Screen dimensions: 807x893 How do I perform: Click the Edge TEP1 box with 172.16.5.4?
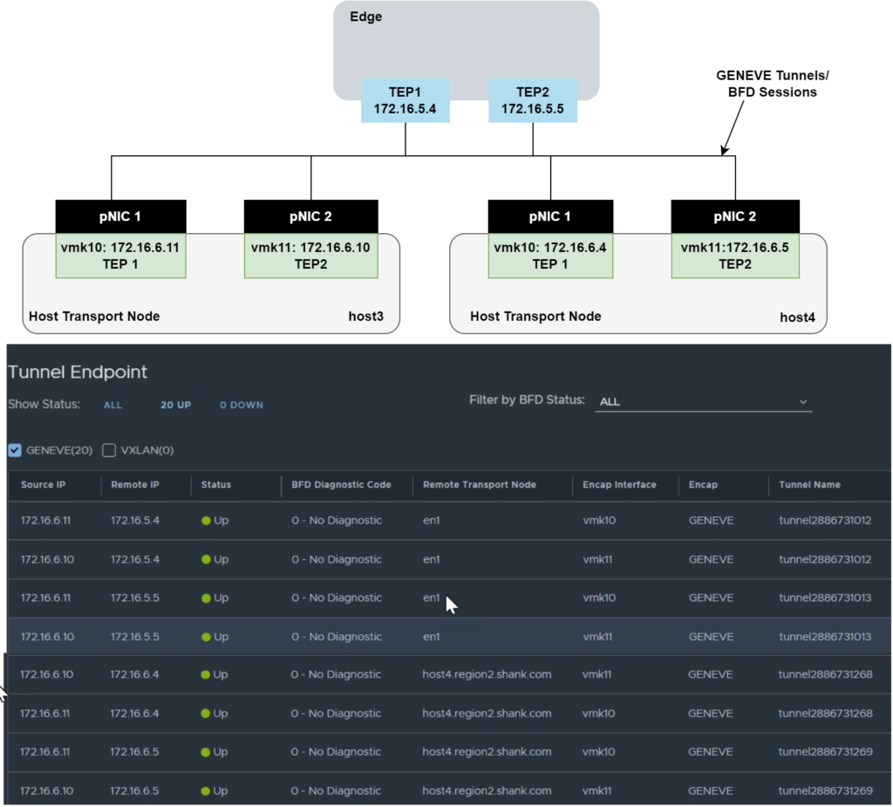click(405, 99)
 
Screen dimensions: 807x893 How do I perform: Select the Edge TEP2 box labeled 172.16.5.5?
click(532, 99)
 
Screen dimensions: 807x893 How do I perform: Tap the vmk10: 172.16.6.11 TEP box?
click(120, 255)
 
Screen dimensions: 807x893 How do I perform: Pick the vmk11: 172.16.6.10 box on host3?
click(310, 255)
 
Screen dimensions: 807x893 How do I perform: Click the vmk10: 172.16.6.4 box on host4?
click(550, 255)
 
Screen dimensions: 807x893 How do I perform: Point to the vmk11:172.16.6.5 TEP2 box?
click(735, 255)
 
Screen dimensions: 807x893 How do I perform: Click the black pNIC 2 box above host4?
click(735, 216)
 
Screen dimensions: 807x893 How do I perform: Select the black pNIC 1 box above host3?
click(120, 216)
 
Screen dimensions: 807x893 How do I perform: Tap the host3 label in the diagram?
click(366, 316)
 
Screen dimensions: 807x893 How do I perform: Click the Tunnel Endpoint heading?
click(78, 372)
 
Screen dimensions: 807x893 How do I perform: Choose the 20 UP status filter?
click(175, 405)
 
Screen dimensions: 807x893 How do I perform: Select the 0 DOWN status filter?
click(241, 405)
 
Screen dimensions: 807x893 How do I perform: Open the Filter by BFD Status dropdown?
click(703, 402)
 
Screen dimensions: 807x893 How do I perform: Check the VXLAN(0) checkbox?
click(109, 450)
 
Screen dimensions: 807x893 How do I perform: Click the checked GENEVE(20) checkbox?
click(15, 450)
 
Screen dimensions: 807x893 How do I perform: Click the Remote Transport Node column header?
click(479, 484)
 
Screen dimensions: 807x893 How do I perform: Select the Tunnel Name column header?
click(809, 484)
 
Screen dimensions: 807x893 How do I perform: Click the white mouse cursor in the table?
click(450, 604)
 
